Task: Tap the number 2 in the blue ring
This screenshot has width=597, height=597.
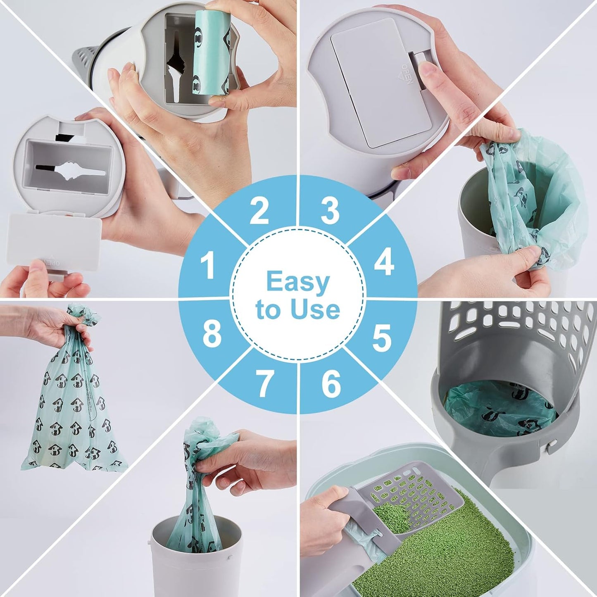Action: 259,210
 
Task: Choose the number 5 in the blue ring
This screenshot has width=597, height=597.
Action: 381,338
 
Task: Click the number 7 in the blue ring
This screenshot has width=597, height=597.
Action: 264,383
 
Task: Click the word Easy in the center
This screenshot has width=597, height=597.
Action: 297,282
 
